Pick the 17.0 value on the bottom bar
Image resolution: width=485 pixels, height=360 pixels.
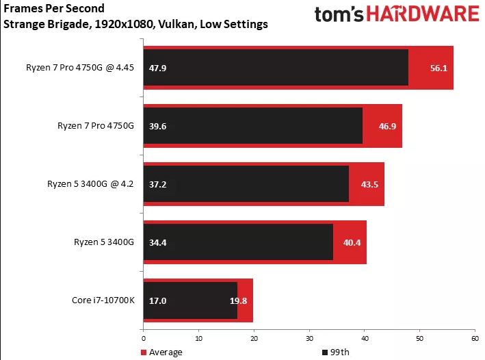pos(158,300)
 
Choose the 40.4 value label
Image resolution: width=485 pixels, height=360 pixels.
pos(350,242)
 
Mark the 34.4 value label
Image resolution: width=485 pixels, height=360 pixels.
pos(158,242)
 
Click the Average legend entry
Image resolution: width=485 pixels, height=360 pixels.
pos(163,352)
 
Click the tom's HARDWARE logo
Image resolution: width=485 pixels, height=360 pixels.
pos(396,15)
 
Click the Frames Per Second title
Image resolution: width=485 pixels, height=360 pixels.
pos(55,9)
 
